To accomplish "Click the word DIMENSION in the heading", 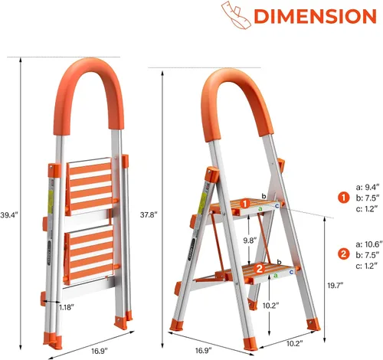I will click(x=304, y=16).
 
